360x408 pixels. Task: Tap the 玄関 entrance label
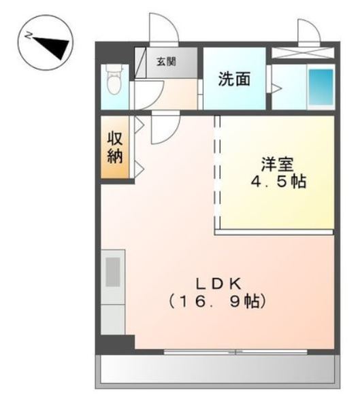(x=165, y=61)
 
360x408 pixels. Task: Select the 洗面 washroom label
(x=233, y=79)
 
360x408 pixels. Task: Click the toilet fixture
(x=114, y=82)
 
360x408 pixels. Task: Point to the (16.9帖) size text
(x=216, y=300)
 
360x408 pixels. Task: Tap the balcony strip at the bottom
(x=218, y=371)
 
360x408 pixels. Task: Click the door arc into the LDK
(x=163, y=129)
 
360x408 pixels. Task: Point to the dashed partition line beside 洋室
(x=218, y=173)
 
